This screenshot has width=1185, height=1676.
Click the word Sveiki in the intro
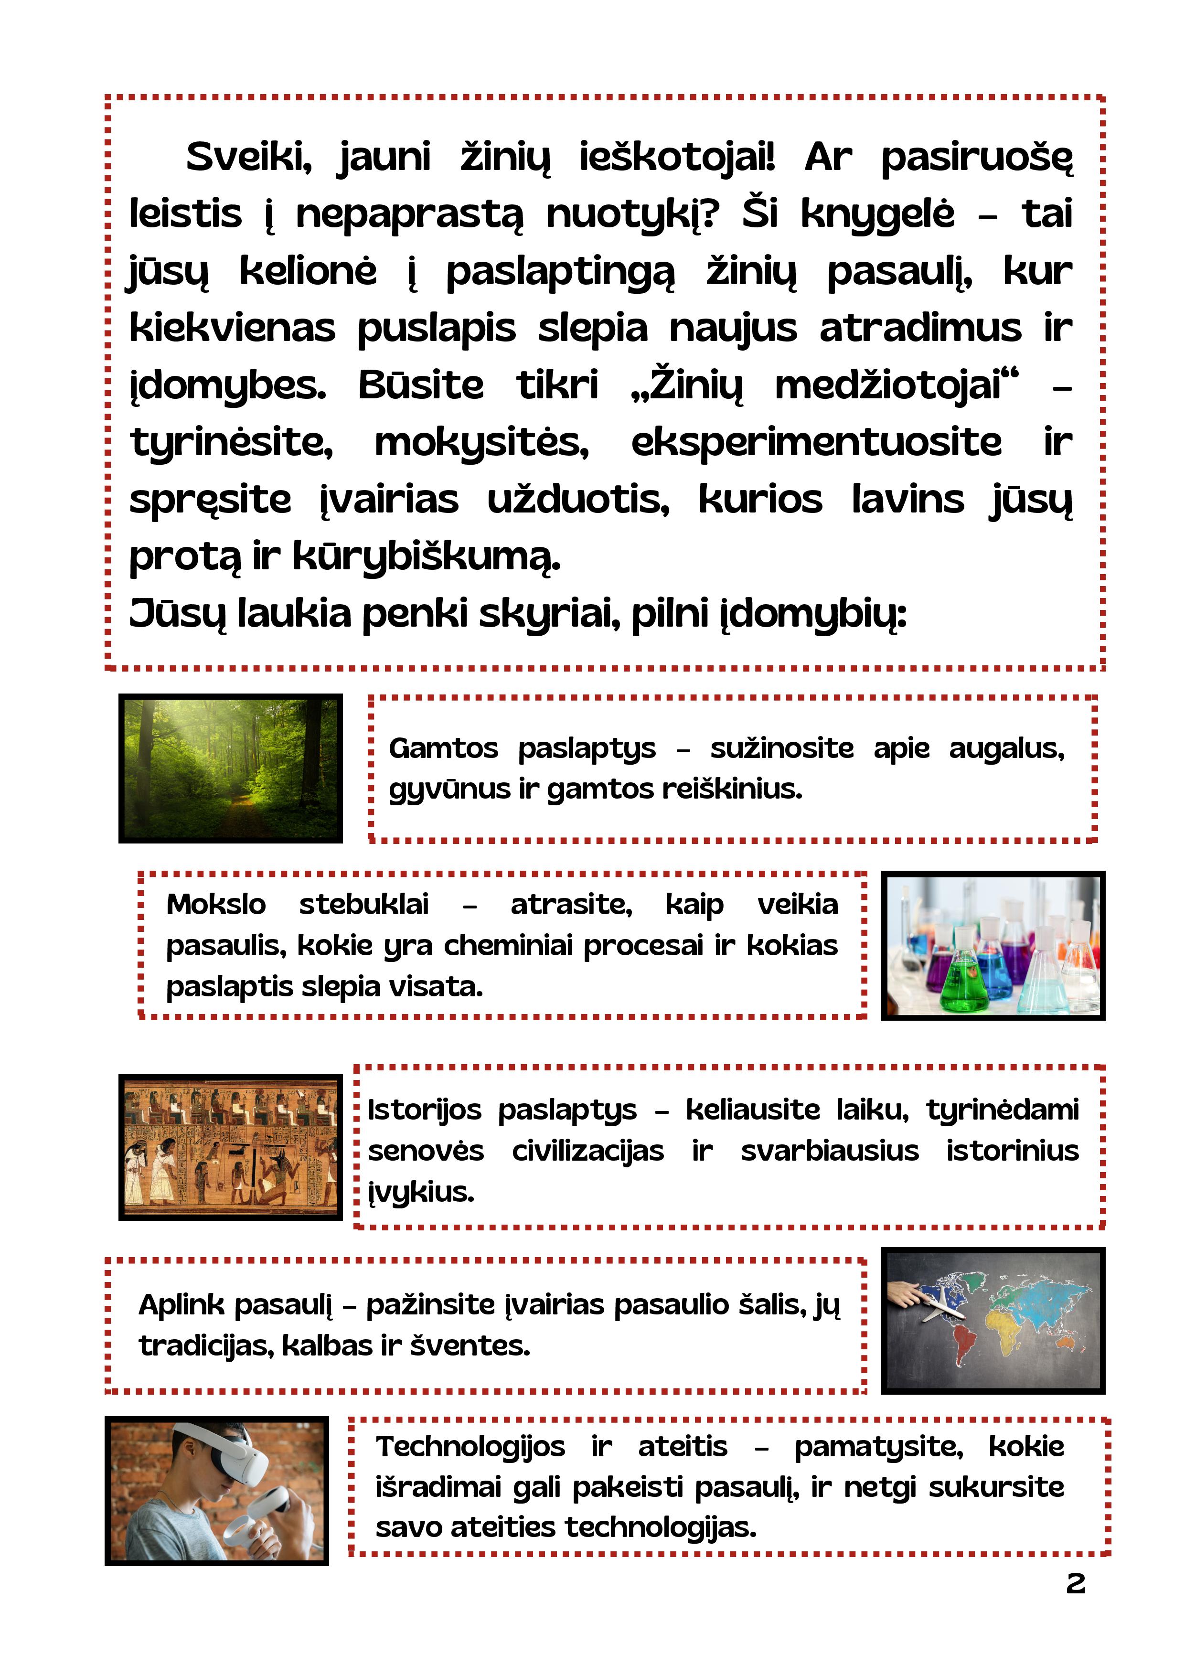pyautogui.click(x=248, y=157)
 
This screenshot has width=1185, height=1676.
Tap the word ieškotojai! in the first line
pyautogui.click(x=677, y=157)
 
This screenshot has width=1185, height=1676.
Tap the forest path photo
pyautogui.click(x=231, y=768)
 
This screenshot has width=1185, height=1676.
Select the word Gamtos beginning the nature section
pyautogui.click(x=443, y=748)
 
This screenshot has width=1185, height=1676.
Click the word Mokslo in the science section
pyautogui.click(x=216, y=905)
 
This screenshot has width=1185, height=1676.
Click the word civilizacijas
pyautogui.click(x=588, y=1151)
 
